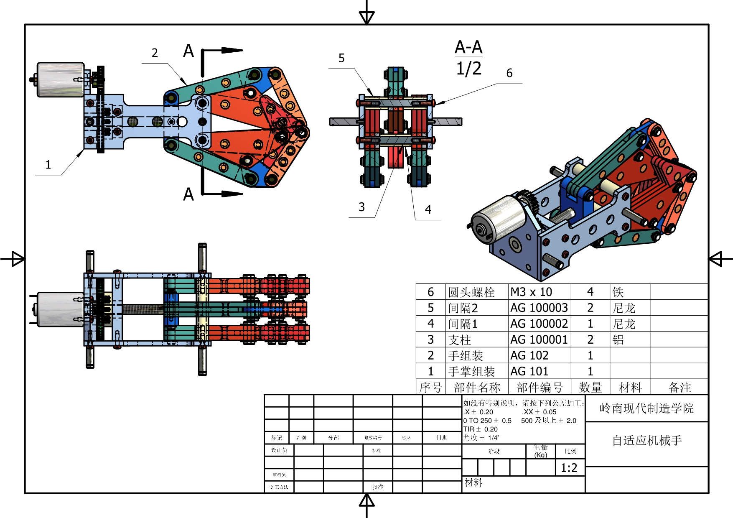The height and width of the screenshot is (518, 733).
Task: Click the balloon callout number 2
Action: (x=155, y=53)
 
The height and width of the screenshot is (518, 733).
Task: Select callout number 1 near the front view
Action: (x=48, y=165)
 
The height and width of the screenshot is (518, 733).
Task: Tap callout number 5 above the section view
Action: (x=341, y=58)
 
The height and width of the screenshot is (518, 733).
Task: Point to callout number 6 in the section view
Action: (x=509, y=73)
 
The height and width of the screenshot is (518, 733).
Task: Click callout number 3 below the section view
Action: (x=361, y=207)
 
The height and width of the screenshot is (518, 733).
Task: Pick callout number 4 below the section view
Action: (x=428, y=209)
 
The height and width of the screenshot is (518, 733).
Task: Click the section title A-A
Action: (x=468, y=47)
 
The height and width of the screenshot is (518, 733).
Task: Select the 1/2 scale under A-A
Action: (x=468, y=69)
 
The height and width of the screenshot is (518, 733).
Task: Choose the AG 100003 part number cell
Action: (x=539, y=308)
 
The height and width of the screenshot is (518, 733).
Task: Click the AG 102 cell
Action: (x=529, y=355)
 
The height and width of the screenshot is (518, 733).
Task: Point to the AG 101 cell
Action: (x=529, y=371)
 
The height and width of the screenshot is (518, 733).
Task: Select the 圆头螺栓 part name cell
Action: (x=471, y=292)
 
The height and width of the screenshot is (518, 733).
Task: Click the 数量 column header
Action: (x=590, y=388)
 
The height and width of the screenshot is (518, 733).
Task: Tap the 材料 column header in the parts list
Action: (x=630, y=388)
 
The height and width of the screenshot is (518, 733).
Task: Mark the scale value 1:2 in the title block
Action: (x=569, y=468)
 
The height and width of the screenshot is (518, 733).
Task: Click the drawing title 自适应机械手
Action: (x=646, y=440)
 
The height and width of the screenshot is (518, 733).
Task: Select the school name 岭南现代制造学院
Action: (x=646, y=408)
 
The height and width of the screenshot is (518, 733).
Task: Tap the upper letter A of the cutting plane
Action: (x=188, y=51)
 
